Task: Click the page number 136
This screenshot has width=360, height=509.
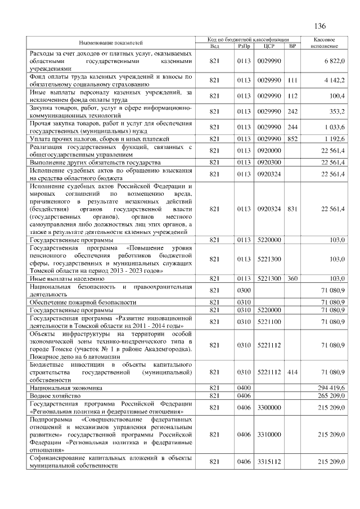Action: click(x=321, y=26)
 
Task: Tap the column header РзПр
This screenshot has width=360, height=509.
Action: click(x=244, y=46)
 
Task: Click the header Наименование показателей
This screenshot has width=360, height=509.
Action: click(x=111, y=43)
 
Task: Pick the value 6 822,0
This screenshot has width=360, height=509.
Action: click(x=334, y=61)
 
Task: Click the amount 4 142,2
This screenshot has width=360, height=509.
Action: click(x=334, y=80)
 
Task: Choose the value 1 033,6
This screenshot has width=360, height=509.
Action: click(x=334, y=127)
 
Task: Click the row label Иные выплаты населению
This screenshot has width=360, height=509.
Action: click(x=67, y=278)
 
